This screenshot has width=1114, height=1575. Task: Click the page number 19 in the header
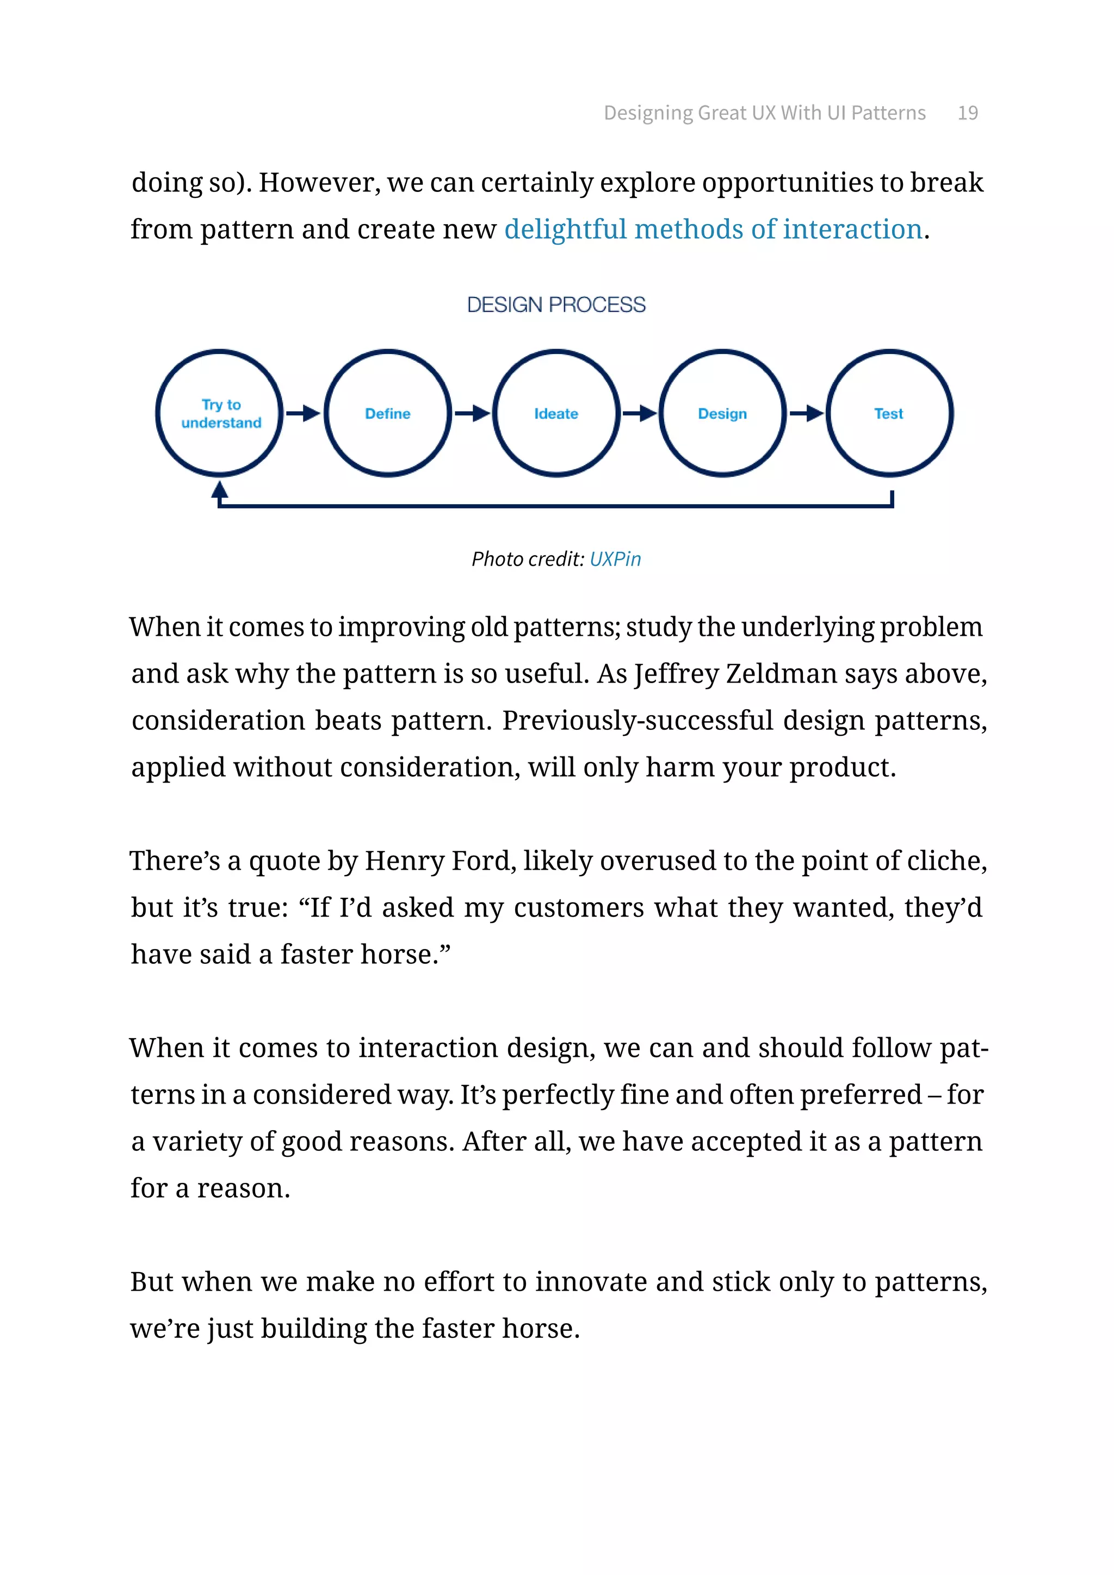pyautogui.click(x=967, y=113)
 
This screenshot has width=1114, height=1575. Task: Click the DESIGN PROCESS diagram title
pyautogui.click(x=556, y=305)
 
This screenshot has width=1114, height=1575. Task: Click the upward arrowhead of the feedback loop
pyautogui.click(x=220, y=490)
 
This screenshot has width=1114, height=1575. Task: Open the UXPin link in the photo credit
pyautogui.click(x=615, y=559)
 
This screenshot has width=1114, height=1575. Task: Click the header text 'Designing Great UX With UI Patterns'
pyautogui.click(x=764, y=113)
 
